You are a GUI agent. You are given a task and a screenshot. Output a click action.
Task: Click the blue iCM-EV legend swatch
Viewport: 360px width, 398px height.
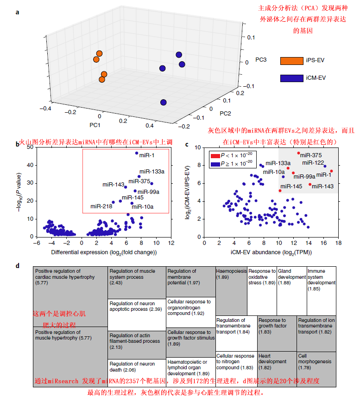pyautogui.click(x=291, y=78)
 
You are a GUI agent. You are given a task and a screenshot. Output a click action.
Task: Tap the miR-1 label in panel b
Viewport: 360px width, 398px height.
pyautogui.click(x=148, y=154)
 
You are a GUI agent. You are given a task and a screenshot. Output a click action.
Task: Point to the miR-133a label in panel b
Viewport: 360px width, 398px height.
pyautogui.click(x=152, y=172)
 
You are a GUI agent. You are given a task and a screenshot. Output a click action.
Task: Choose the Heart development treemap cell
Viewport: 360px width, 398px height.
pyautogui.click(x=269, y=358)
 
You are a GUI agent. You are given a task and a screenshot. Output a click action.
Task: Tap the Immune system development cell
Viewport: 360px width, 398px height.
pyautogui.click(x=321, y=276)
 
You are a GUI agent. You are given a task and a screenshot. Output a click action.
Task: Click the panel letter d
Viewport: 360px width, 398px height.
pyautogui.click(x=18, y=266)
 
